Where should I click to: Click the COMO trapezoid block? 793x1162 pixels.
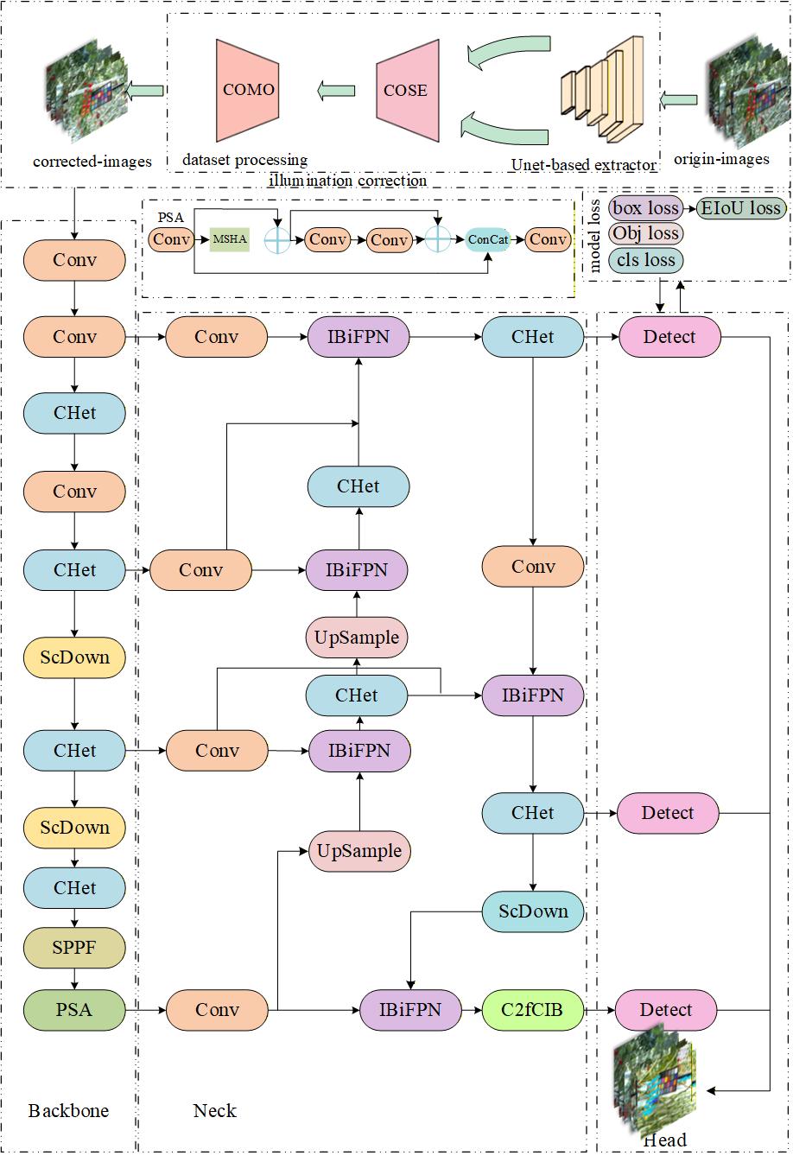[248, 90]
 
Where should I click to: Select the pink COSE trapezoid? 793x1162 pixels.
[406, 90]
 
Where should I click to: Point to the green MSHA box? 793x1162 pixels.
[230, 239]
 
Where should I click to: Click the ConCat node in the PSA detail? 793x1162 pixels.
[488, 239]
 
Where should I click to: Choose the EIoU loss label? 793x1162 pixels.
[740, 207]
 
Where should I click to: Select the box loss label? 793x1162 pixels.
[645, 207]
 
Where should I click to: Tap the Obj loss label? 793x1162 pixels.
[645, 233]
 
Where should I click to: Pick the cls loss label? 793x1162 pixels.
[645, 260]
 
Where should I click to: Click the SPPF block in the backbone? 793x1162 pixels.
[74, 949]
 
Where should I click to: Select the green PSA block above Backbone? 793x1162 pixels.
[74, 1009]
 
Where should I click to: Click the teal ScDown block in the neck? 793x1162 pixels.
[532, 911]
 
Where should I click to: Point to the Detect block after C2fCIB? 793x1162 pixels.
[666, 1009]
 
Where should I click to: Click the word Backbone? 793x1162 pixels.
[69, 1110]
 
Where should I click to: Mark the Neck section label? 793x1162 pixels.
[214, 1110]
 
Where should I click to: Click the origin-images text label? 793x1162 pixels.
[721, 159]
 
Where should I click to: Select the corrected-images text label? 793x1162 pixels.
[92, 161]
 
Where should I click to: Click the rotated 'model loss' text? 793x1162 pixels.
[596, 233]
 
